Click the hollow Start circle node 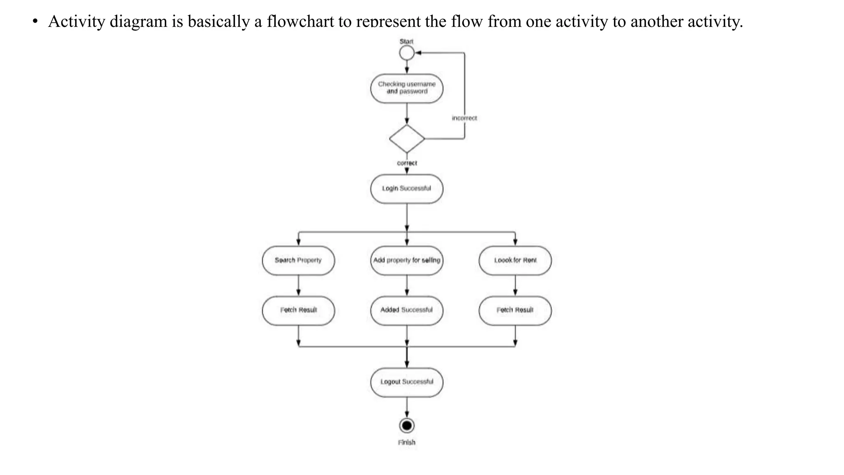(x=407, y=53)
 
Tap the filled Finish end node (x=407, y=426)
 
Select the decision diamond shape (x=407, y=139)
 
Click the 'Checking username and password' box (x=407, y=88)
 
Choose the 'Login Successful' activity (x=407, y=189)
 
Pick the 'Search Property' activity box (x=298, y=261)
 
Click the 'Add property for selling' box (x=407, y=261)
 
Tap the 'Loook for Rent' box (x=515, y=261)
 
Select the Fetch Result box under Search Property (x=298, y=310)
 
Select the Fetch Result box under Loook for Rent (x=515, y=310)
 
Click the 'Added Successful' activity (x=407, y=310)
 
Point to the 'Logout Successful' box (x=407, y=382)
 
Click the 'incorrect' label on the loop (x=464, y=118)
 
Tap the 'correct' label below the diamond (x=407, y=163)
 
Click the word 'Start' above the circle (x=406, y=42)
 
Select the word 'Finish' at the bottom (x=407, y=442)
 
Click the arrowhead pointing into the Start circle (x=418, y=53)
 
